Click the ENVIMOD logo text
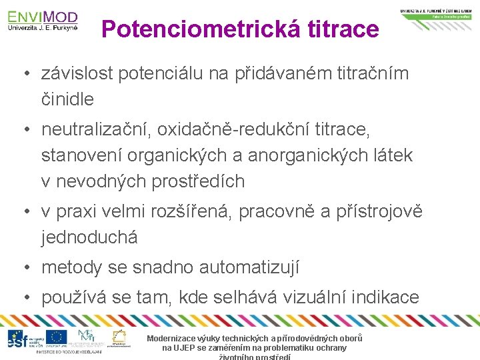(43, 17)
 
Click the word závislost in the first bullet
(77, 74)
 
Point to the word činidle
(67, 99)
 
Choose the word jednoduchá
(89, 237)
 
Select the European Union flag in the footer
(56, 337)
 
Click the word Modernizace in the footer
(175, 339)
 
